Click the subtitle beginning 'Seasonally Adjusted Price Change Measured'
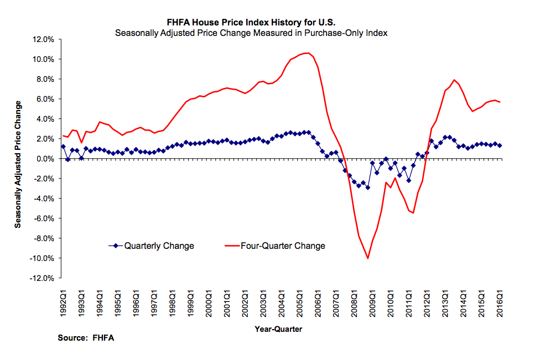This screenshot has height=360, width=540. tap(251, 33)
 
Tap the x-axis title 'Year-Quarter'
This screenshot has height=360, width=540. tap(278, 329)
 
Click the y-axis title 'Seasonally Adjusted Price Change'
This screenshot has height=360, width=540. tap(18, 164)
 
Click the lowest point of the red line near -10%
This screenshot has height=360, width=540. tap(368, 258)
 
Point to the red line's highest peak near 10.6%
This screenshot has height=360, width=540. tap(308, 53)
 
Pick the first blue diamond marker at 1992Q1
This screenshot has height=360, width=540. tap(63, 147)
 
